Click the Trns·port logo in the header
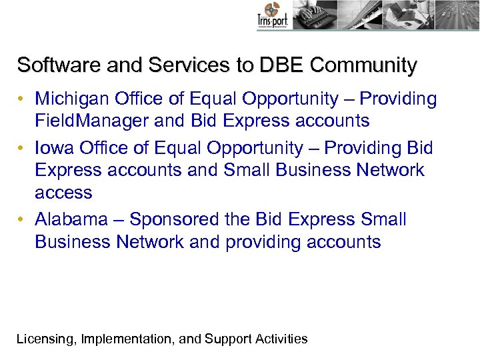tap(271, 16)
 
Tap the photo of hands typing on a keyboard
tap(314, 15)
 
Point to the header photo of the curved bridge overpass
tap(363, 15)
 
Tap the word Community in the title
tap(363, 65)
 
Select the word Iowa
tap(54, 147)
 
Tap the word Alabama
tap(71, 219)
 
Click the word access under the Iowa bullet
tap(63, 193)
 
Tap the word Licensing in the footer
tap(44, 339)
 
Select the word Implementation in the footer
tap(127, 339)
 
